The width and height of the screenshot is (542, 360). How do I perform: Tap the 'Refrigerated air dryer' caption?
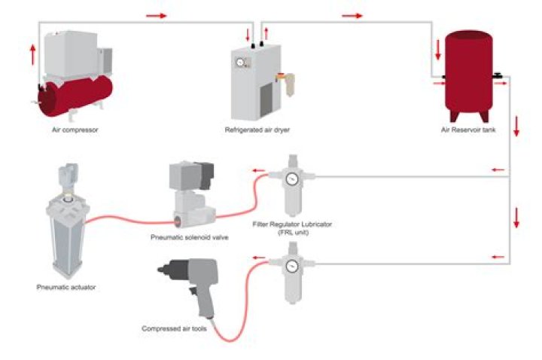[x=257, y=130]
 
